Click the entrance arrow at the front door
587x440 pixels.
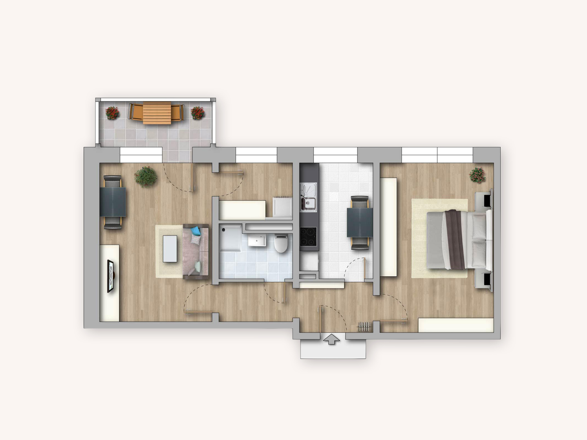[x=331, y=339]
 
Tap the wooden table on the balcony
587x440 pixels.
[x=157, y=113]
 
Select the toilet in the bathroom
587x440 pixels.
[x=281, y=243]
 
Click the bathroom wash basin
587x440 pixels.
[x=257, y=241]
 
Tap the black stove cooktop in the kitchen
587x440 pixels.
[x=309, y=237]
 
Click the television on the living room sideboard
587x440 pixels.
[x=110, y=276]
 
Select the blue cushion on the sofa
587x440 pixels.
[x=196, y=231]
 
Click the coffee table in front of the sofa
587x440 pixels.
[x=170, y=249]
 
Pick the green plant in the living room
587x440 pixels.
[x=146, y=176]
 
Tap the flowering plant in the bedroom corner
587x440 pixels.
[x=477, y=175]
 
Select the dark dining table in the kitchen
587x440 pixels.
[x=360, y=222]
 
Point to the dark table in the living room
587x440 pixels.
[x=113, y=202]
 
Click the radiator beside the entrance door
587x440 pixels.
[x=364, y=326]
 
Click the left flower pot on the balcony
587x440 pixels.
[x=112, y=112]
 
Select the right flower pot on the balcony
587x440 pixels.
[x=198, y=112]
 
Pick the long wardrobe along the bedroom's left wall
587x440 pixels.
[x=388, y=227]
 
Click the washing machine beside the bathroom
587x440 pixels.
[x=282, y=207]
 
